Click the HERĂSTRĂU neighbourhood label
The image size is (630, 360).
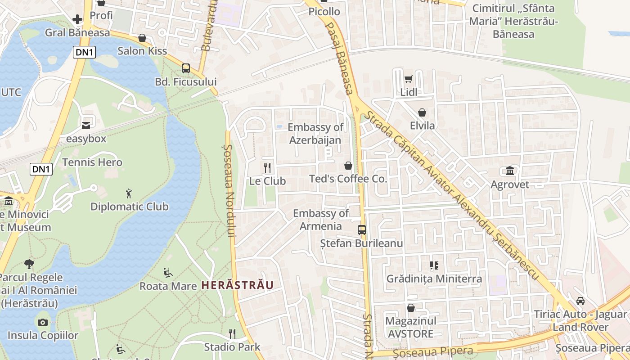(x=237, y=285)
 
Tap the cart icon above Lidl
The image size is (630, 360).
(x=408, y=79)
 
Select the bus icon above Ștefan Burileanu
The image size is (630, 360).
(x=362, y=230)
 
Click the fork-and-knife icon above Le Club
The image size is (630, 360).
(x=268, y=168)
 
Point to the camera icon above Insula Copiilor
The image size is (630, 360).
(x=43, y=322)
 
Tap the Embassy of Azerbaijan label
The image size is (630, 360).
(x=315, y=134)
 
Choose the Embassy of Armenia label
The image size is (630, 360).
(x=321, y=220)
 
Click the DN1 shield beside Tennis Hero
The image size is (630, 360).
(x=41, y=169)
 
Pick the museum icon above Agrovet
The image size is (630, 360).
(x=510, y=171)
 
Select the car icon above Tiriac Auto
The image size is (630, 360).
(x=580, y=301)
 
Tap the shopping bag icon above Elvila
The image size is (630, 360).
(x=422, y=112)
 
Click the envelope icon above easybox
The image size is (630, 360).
(x=86, y=125)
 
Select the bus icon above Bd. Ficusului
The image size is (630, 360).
(x=185, y=68)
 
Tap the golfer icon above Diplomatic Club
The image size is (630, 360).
(x=129, y=193)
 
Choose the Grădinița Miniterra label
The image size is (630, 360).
(x=434, y=279)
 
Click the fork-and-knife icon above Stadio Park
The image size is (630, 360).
(x=232, y=333)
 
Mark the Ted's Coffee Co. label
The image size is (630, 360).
(x=348, y=179)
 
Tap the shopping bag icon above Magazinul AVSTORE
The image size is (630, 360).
(x=410, y=308)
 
